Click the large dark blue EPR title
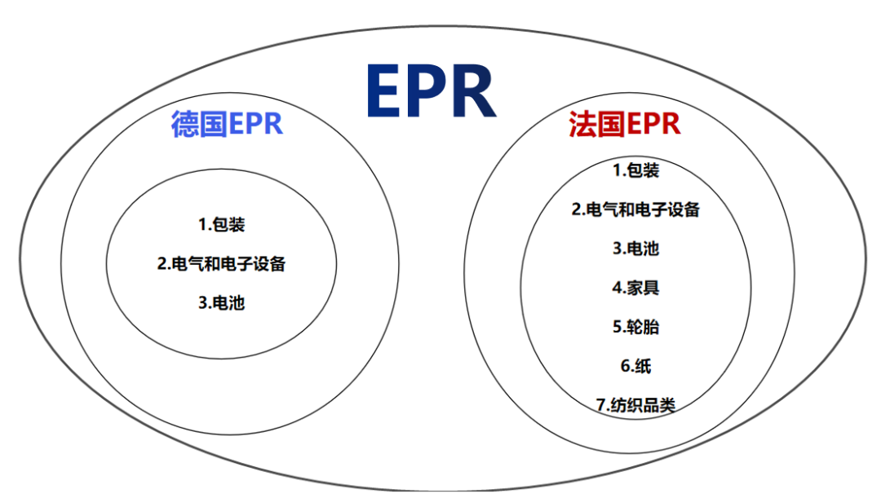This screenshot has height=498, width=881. pyautogui.click(x=431, y=91)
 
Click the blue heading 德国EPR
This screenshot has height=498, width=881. pyautogui.click(x=227, y=125)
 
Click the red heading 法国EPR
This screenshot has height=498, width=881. pyautogui.click(x=624, y=125)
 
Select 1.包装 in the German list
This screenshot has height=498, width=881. pyautogui.click(x=221, y=224)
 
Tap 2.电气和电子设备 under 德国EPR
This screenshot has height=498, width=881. pyautogui.click(x=221, y=264)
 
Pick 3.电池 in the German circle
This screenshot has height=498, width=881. pyautogui.click(x=221, y=303)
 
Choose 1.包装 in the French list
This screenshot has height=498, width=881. pyautogui.click(x=635, y=170)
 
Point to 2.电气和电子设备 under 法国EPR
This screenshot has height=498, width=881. pyautogui.click(x=635, y=209)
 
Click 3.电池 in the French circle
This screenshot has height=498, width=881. pyautogui.click(x=635, y=249)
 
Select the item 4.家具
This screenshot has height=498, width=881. pyautogui.click(x=635, y=288)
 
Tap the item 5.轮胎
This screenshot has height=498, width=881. pyautogui.click(x=635, y=327)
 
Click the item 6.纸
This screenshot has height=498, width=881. pyautogui.click(x=635, y=366)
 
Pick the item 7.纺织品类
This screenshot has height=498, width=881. pyautogui.click(x=635, y=405)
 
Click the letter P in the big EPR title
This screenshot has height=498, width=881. pyautogui.click(x=430, y=91)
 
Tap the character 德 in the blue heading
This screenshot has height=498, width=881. pyautogui.click(x=185, y=125)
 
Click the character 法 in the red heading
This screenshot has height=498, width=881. pyautogui.click(x=582, y=125)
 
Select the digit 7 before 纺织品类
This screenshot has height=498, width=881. pyautogui.click(x=601, y=405)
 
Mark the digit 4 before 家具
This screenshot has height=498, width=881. pyautogui.click(x=617, y=288)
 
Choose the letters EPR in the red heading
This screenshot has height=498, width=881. pyautogui.click(x=652, y=125)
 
